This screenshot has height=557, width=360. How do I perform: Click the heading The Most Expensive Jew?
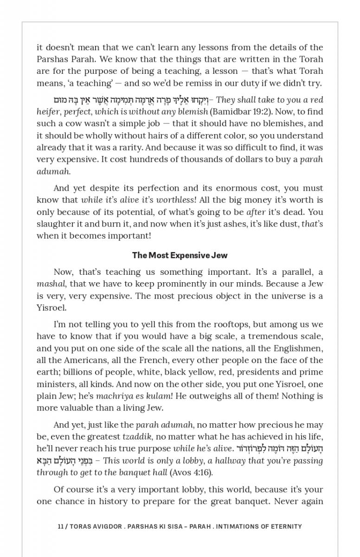click(180, 255)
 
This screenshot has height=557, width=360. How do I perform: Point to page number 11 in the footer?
click(60, 526)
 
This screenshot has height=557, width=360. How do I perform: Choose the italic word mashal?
click(51, 284)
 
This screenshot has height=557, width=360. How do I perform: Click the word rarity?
click(149, 148)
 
